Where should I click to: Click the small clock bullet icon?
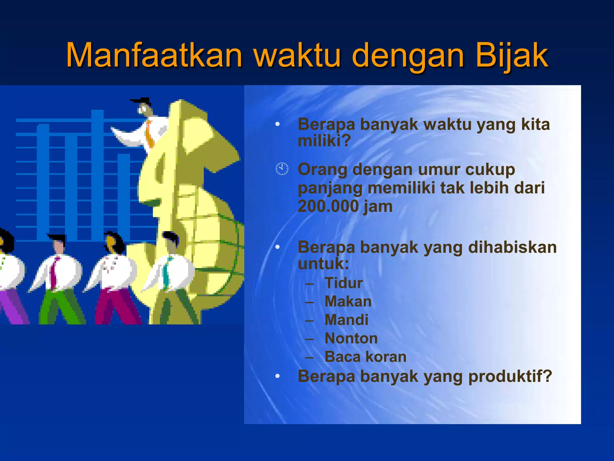[282, 169]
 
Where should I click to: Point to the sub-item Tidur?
[344, 283]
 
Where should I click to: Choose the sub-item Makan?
[348, 302]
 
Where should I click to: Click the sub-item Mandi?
[346, 320]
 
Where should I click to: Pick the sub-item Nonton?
[351, 339]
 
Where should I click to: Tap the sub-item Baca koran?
[365, 357]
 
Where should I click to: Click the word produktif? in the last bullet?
[510, 376]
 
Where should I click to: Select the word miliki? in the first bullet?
[324, 140]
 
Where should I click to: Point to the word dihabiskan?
[512, 248]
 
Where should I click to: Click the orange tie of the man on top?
[149, 134]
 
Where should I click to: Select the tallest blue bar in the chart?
[97, 174]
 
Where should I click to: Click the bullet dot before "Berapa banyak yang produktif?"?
[278, 376]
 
